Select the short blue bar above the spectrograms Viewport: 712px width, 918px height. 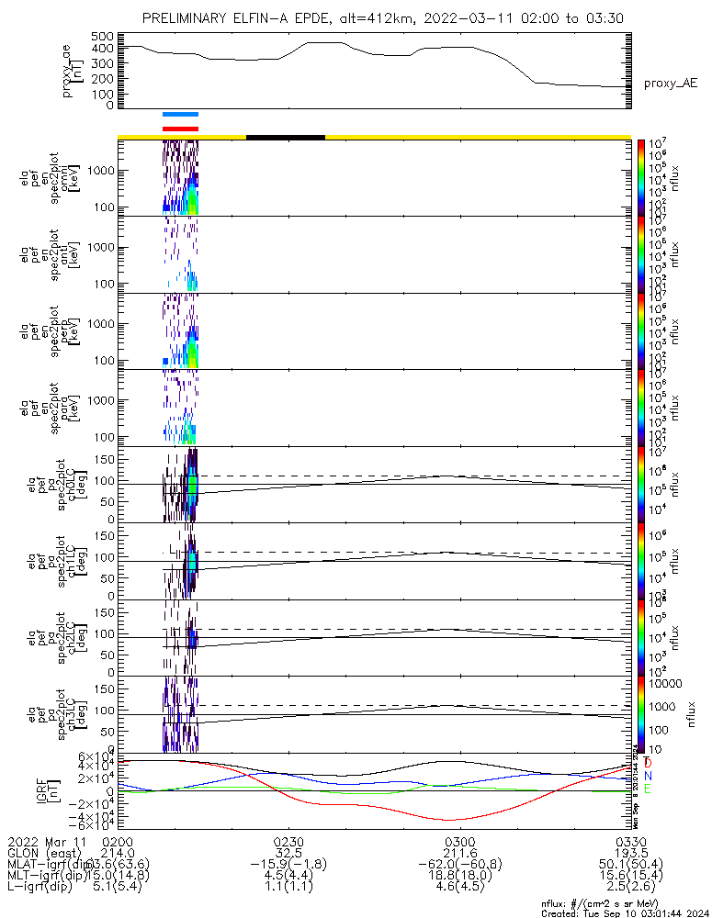tap(180, 115)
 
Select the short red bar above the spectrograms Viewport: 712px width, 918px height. tap(180, 129)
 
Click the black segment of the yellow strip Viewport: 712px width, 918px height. tap(286, 137)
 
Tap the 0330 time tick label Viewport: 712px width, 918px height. tap(630, 840)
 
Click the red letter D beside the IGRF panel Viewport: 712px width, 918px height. tap(648, 763)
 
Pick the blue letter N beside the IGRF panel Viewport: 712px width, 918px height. tap(648, 776)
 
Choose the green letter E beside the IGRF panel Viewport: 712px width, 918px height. tap(648, 789)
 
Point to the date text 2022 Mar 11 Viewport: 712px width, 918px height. tap(46, 840)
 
